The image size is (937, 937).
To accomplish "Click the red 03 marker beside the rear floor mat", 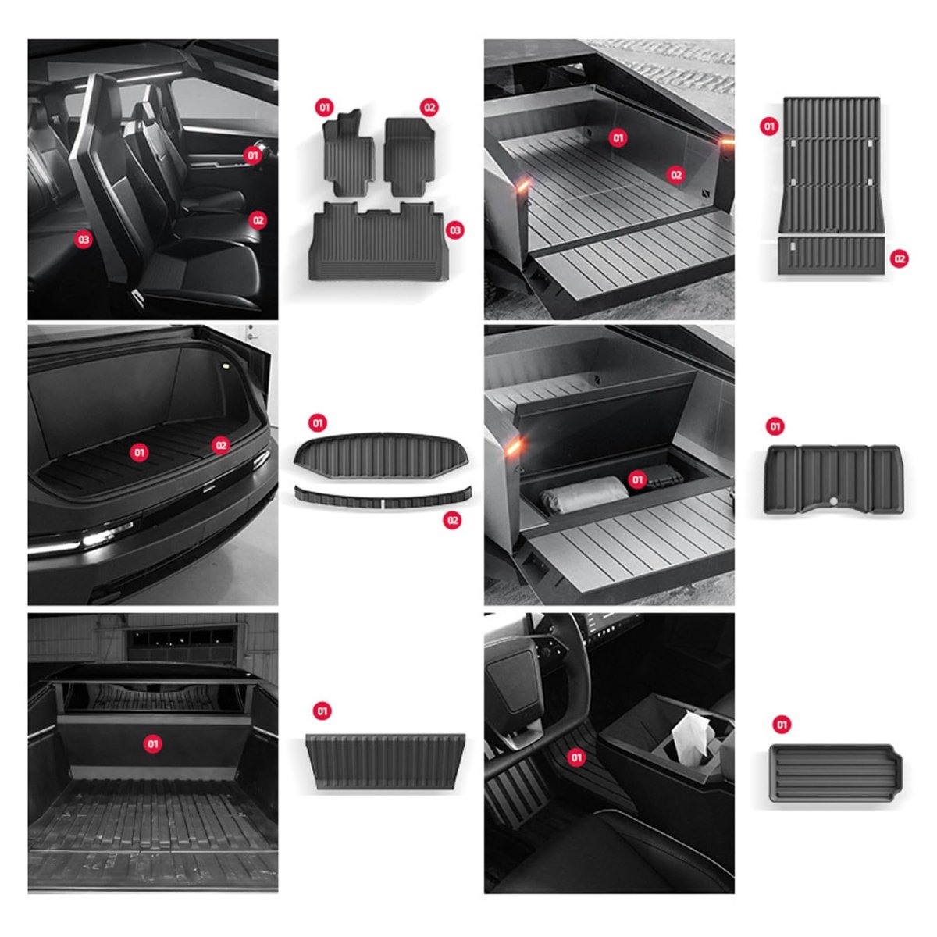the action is pyautogui.click(x=454, y=230).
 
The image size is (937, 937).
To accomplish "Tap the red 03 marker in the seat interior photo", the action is pyautogui.click(x=84, y=239).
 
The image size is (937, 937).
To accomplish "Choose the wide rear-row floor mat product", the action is pyautogui.click(x=379, y=241).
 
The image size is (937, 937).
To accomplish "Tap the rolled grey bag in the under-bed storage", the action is pyautogui.click(x=583, y=493).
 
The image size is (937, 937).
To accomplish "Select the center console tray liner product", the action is pyautogui.click(x=835, y=773).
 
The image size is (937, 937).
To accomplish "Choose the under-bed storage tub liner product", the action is pyautogui.click(x=835, y=479).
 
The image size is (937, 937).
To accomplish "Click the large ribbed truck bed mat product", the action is pyautogui.click(x=831, y=166).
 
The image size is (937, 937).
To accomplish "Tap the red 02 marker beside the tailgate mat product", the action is pyautogui.click(x=900, y=258).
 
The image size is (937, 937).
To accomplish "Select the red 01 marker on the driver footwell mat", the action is pyautogui.click(x=576, y=757).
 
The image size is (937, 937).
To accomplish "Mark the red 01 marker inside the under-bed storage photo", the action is pyautogui.click(x=637, y=480).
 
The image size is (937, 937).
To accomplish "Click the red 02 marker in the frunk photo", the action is pyautogui.click(x=221, y=445).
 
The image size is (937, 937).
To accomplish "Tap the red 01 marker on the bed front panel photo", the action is pyautogui.click(x=153, y=744).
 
